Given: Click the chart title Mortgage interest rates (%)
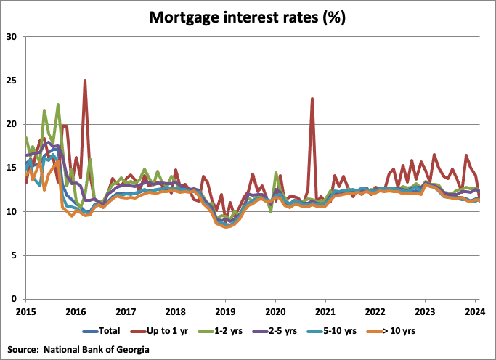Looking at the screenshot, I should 248,15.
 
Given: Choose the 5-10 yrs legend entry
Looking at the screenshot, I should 363,332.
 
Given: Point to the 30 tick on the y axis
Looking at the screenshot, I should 12,36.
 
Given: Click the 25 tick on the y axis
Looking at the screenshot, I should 12,81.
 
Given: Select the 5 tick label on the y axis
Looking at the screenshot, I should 15,255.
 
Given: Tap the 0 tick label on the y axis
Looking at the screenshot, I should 15,299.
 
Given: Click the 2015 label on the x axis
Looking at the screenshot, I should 25,311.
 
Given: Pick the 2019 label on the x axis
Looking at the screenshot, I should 225,311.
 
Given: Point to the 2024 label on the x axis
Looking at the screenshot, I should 474,311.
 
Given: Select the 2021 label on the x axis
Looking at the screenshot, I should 325,311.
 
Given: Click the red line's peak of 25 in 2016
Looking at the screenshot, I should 85,81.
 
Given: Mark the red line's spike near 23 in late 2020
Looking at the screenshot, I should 312,99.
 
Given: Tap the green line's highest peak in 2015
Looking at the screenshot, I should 58,105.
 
